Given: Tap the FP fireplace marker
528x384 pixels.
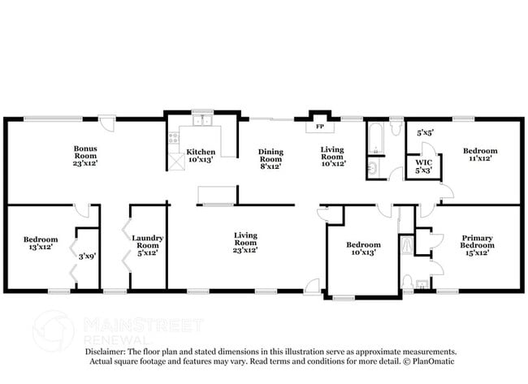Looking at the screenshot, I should click(319, 127).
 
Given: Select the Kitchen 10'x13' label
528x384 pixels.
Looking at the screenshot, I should click(201, 156).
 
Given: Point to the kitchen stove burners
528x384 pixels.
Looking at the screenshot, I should click(173, 139).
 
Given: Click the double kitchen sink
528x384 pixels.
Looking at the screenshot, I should click(201, 123).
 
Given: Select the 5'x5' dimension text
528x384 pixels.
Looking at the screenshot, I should click(424, 132).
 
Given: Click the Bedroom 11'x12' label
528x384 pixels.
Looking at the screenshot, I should click(479, 155).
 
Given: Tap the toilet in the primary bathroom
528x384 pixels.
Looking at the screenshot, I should click(407, 283).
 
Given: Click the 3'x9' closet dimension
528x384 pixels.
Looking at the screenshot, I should click(87, 257).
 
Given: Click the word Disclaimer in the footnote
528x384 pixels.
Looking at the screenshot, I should click(105, 352).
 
